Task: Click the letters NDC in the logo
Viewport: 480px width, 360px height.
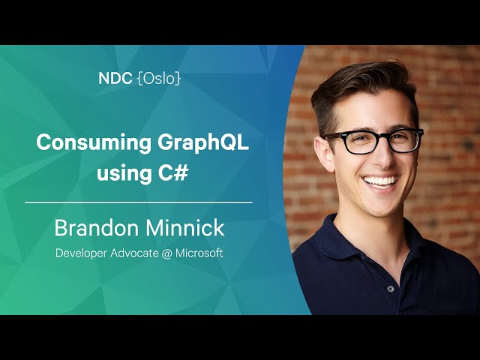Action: (115, 79)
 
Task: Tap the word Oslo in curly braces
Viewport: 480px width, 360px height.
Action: (159, 79)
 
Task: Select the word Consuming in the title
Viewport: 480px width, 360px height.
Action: (94, 143)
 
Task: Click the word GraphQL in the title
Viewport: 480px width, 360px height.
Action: (203, 143)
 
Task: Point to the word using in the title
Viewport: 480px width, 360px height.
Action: (124, 173)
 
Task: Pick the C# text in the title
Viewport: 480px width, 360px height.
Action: (173, 172)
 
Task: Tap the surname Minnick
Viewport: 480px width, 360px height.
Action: (185, 227)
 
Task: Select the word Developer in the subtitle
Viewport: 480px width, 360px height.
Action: (81, 253)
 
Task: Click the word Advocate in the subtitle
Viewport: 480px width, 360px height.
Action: (134, 253)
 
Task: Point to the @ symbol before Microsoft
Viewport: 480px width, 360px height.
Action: (166, 253)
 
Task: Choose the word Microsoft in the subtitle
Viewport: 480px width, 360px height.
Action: (199, 253)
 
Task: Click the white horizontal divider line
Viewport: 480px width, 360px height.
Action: (138, 202)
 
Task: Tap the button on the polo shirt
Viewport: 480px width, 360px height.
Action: (390, 288)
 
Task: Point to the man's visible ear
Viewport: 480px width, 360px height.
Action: (323, 153)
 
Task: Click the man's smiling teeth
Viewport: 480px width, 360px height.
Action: (381, 181)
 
